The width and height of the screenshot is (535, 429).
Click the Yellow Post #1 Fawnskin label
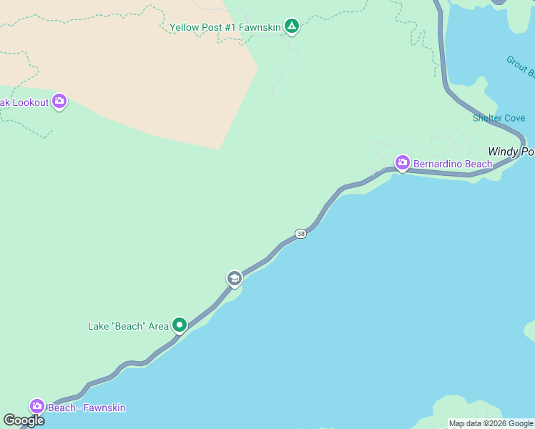click(x=225, y=28)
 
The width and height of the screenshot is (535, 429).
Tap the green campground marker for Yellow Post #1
click(x=291, y=27)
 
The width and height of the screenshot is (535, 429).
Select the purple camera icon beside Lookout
click(x=59, y=102)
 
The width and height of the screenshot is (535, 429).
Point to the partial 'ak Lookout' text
click(x=24, y=102)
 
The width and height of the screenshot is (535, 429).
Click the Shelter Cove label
click(x=499, y=118)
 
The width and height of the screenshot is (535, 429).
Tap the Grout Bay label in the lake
click(x=521, y=66)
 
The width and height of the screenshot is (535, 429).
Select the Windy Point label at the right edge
click(x=511, y=152)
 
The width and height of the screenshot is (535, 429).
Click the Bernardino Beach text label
click(x=453, y=164)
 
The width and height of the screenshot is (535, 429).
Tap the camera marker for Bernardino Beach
click(x=402, y=164)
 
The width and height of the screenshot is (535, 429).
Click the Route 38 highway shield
click(x=300, y=234)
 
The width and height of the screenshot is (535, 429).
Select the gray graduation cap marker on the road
click(x=234, y=278)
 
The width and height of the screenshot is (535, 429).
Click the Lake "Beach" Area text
click(x=128, y=326)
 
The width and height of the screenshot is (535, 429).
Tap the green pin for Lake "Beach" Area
click(x=180, y=325)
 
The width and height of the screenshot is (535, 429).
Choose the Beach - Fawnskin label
click(x=87, y=408)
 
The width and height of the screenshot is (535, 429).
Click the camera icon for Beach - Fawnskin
click(x=36, y=407)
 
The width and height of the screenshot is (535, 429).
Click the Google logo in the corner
click(x=24, y=420)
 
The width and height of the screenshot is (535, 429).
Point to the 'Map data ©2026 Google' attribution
click(x=491, y=423)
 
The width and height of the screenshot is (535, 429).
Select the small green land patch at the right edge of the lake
click(x=530, y=330)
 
